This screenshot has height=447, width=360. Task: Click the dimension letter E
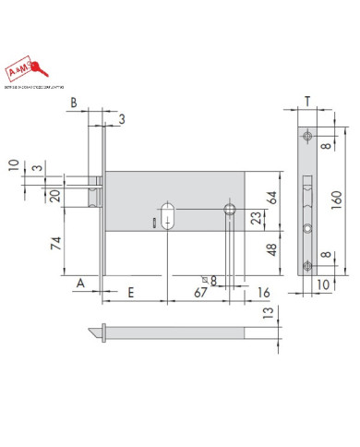click(x=132, y=293)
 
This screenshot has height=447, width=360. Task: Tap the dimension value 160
click(x=339, y=197)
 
